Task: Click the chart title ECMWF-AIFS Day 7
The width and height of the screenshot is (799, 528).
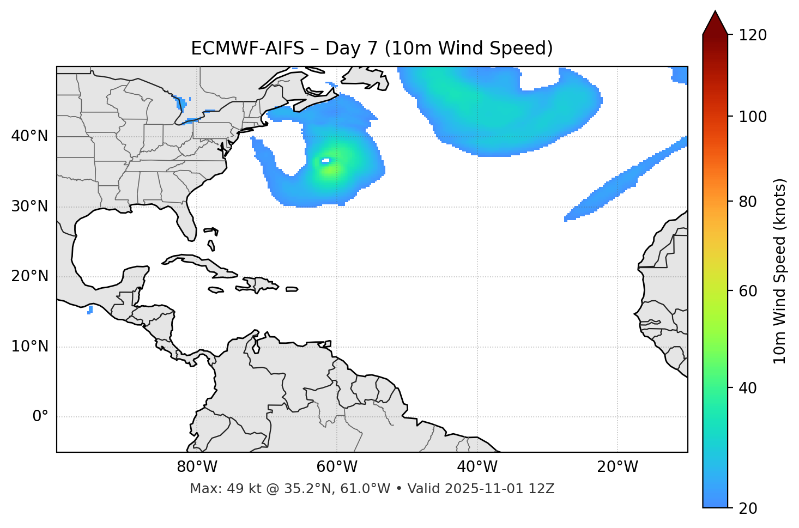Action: point(372,48)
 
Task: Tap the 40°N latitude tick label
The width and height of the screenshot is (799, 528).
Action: point(29,136)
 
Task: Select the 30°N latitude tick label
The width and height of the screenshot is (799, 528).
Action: point(29,207)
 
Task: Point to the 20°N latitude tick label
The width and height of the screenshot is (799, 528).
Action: point(29,276)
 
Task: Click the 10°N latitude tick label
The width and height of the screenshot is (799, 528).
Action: point(29,347)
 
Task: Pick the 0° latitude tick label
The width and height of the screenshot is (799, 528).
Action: point(40,417)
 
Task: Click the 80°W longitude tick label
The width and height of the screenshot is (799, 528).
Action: point(197,467)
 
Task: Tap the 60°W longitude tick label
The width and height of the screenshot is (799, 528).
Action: point(337,467)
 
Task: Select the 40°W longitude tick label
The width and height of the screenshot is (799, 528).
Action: point(477,467)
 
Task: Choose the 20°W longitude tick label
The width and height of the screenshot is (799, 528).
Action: point(617,467)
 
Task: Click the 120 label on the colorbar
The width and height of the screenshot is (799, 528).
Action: point(752,35)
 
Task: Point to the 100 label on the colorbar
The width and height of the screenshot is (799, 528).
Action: point(752,117)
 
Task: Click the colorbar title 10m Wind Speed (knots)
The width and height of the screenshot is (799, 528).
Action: point(780,271)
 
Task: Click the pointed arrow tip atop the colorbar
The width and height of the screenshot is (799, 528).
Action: point(715,12)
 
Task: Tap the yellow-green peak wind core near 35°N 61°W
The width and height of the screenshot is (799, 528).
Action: point(329,169)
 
